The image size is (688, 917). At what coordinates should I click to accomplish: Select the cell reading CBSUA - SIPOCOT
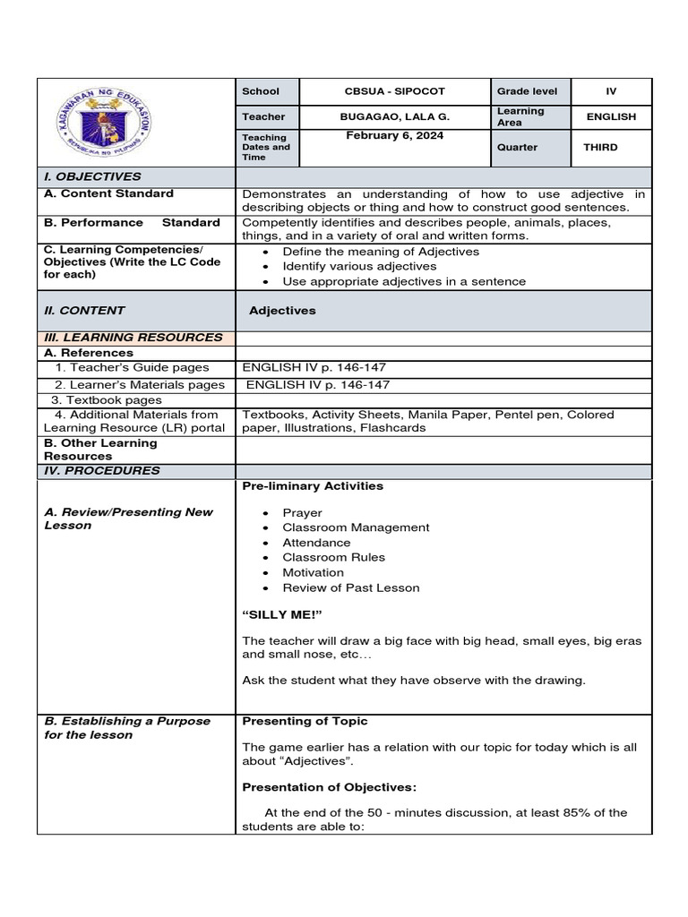395,91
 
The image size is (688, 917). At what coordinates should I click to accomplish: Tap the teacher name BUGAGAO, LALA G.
395,116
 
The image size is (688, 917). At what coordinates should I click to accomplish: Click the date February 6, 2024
394,135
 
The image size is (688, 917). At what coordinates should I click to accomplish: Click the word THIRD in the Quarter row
600,148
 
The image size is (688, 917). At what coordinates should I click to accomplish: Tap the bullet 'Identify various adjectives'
359,266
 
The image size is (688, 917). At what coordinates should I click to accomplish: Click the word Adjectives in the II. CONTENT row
282,311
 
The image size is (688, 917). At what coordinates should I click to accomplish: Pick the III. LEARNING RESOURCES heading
133,338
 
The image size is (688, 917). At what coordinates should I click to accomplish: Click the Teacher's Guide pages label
132,367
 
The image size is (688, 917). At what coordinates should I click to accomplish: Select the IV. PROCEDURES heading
102,471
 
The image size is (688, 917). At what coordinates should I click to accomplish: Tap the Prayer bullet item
302,513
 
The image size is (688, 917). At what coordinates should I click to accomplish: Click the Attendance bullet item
316,543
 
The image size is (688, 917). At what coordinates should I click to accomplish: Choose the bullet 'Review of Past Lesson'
350,587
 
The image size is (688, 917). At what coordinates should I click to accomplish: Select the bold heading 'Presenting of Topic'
305,721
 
